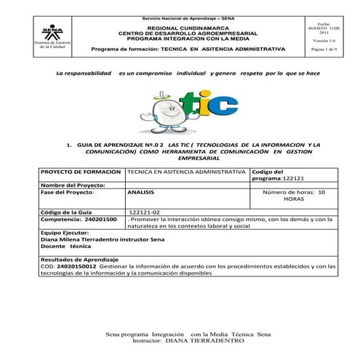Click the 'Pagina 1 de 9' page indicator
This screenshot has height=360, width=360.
point(324,48)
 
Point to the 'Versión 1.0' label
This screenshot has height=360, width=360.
point(324,41)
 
